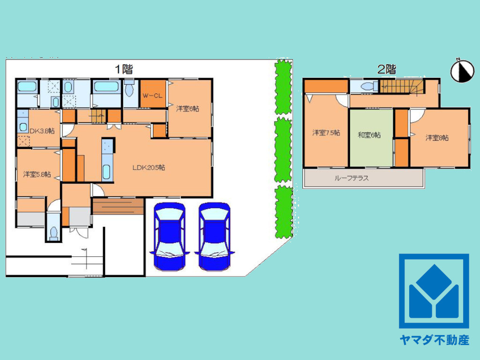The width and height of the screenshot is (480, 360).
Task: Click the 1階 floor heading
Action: click(124, 69)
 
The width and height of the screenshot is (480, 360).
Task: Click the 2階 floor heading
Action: click(387, 69)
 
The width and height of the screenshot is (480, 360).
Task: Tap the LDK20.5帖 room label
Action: click(149, 167)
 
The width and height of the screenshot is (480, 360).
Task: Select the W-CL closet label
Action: click(152, 96)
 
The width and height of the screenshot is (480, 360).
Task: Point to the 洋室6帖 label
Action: click(187, 108)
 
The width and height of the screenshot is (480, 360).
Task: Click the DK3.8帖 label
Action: click(42, 131)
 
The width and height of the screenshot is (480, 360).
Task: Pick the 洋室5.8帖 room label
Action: click(37, 174)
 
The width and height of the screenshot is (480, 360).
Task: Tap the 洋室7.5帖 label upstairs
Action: click(326, 133)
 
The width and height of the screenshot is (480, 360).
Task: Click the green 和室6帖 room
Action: click(371, 138)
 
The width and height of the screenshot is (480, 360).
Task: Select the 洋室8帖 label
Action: click(437, 138)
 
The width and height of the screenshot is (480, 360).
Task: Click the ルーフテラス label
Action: click(351, 178)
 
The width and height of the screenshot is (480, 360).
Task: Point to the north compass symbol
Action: click(462, 71)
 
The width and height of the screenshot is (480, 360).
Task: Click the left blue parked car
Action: click(170, 236)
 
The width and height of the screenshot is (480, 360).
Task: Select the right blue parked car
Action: click(214, 236)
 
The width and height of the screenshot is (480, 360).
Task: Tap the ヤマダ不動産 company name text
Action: click(434, 340)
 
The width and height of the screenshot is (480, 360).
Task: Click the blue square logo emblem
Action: click(434, 291)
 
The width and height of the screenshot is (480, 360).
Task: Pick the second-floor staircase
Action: click(401, 86)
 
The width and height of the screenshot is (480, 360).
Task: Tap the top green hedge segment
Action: click(283, 87)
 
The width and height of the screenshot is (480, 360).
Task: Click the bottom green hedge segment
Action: click(284, 212)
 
